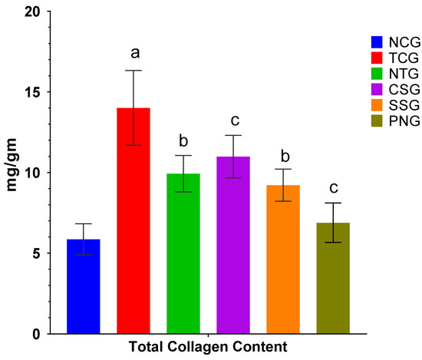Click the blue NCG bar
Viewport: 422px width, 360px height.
[83, 287]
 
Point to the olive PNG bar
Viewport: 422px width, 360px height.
[333, 279]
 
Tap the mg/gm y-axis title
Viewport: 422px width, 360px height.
[14, 173]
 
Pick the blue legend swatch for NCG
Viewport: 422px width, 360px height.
[376, 42]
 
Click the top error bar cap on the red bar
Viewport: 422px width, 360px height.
[133, 71]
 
